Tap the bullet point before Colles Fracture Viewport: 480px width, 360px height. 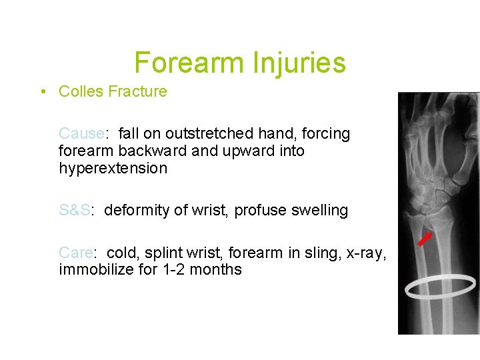(42, 91)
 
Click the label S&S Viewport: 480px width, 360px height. (75, 211)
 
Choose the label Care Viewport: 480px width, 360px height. (76, 253)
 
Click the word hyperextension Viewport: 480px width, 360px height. (113, 169)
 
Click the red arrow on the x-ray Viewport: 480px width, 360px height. (424, 239)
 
